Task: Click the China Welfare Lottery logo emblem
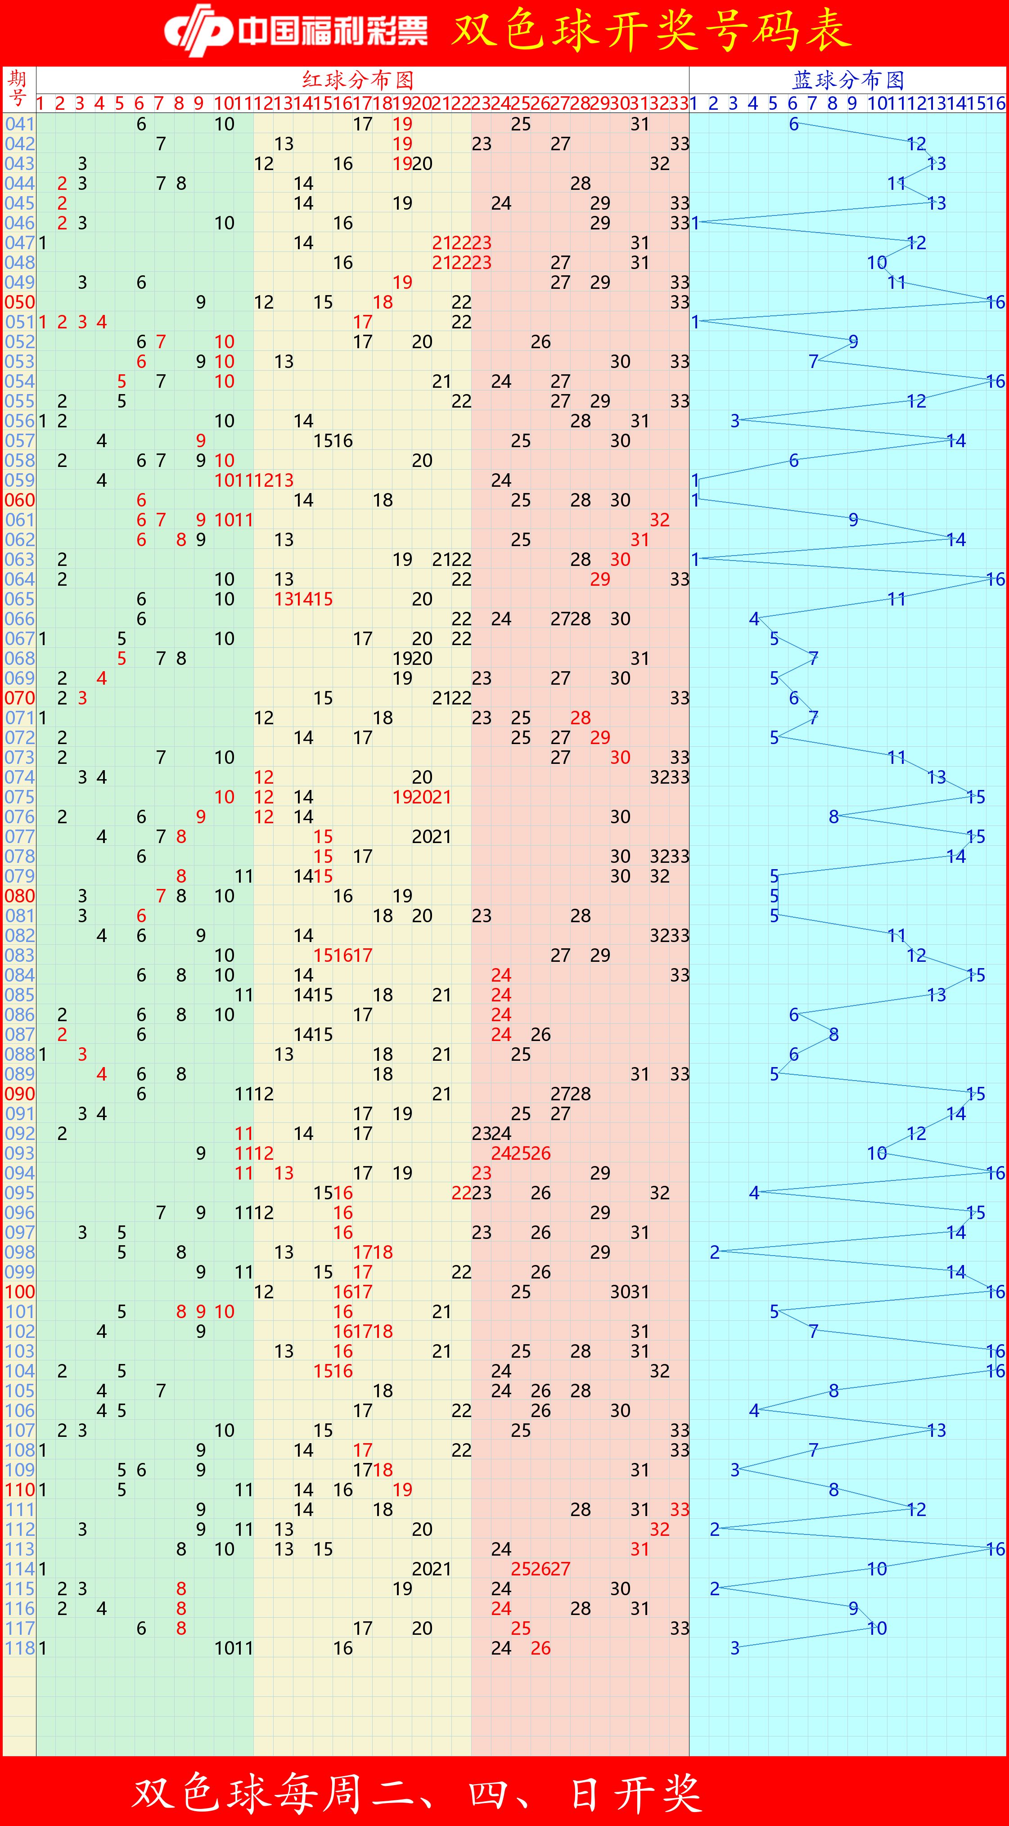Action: [x=198, y=31]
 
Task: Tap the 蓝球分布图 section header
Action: [x=848, y=79]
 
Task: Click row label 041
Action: [x=19, y=124]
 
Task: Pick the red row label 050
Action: [x=19, y=302]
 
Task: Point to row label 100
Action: [x=19, y=1292]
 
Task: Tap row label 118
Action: [x=19, y=1648]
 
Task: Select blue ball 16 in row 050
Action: [x=995, y=302]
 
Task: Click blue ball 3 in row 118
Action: [x=734, y=1648]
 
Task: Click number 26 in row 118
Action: [x=541, y=1648]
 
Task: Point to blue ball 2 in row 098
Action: [x=715, y=1252]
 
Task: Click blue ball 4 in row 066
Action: [x=754, y=619]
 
